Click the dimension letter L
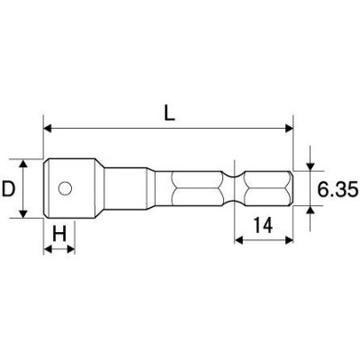[169, 112]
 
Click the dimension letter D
[8, 189]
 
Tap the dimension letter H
[59, 233]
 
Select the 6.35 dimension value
[337, 189]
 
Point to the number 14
[263, 225]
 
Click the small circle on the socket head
[65, 188]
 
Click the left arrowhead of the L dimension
[48, 129]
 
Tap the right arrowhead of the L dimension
[289, 129]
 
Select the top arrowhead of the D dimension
[23, 164]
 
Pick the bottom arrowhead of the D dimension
[23, 213]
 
